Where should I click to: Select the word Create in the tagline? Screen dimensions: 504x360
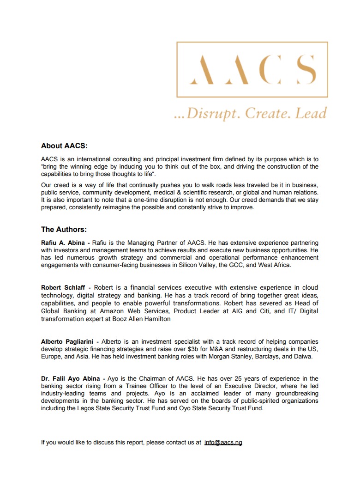pyautogui.click(x=269, y=113)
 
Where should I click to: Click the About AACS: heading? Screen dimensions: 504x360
pyautogui.click(x=64, y=146)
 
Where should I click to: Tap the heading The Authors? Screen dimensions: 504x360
pyautogui.click(x=64, y=229)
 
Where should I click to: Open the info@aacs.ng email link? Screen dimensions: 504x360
pyautogui.click(x=223, y=442)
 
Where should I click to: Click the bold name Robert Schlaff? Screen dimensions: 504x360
pyautogui.click(x=63, y=287)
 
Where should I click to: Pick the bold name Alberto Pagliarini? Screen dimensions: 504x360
pyautogui.click(x=67, y=341)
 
